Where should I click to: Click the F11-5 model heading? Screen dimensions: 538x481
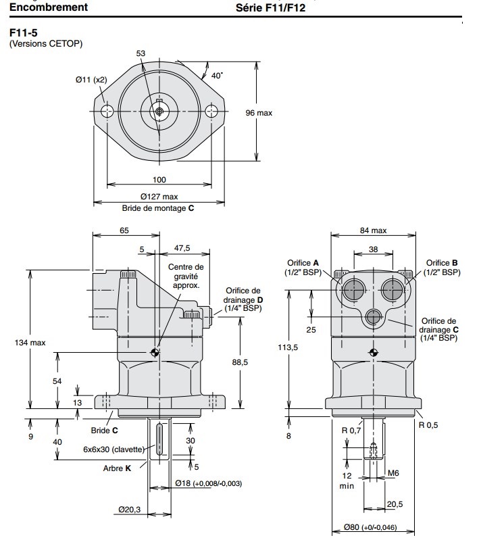[x=22, y=32]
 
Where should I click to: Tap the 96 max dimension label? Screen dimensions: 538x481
[x=259, y=113]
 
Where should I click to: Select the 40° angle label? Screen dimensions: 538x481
[x=216, y=76]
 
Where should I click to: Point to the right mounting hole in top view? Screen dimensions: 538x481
[x=211, y=111]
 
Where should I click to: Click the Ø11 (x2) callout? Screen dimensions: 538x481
[x=91, y=80]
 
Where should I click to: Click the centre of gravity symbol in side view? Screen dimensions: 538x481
[x=156, y=352]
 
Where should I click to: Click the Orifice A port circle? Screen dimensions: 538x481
[x=352, y=291]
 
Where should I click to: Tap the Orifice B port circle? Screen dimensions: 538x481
[x=393, y=291]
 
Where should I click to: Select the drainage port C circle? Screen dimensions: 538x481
[x=372, y=316]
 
